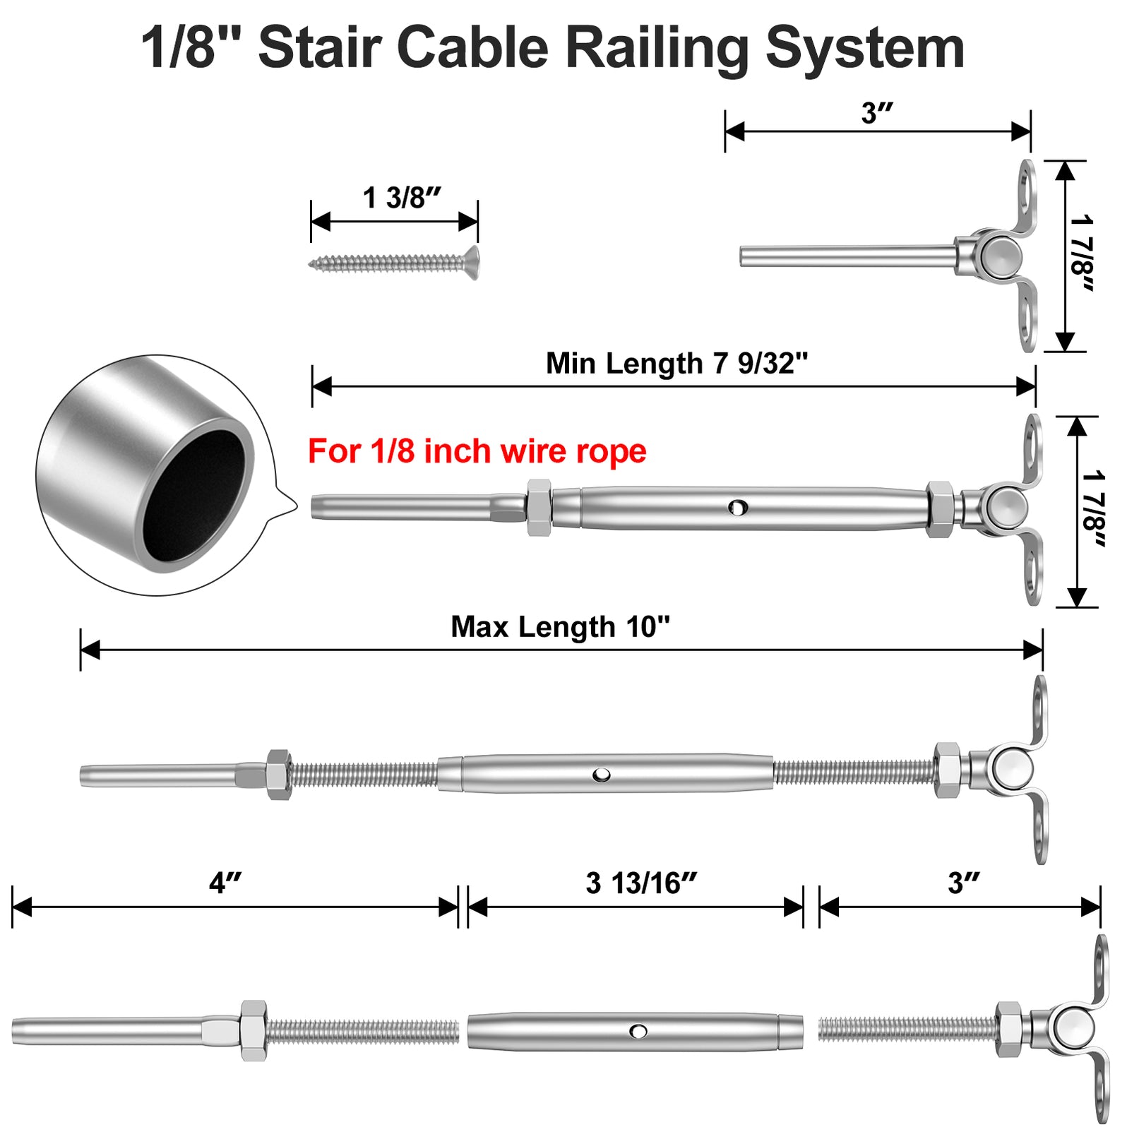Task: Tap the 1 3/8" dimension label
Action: tap(402, 198)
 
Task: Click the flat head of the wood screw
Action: tap(472, 263)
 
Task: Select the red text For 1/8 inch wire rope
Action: tap(477, 451)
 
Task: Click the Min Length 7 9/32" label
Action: tap(676, 364)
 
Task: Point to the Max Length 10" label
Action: tap(560, 627)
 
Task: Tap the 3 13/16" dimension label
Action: tap(641, 883)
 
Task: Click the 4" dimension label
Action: tap(225, 883)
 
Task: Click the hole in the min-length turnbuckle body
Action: tap(738, 506)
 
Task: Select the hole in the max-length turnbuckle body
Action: tap(602, 775)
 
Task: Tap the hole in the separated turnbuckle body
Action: tap(638, 1032)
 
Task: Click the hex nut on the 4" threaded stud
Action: tap(253, 1030)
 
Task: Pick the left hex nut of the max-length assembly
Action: tap(279, 775)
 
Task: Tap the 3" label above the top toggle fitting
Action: tap(877, 113)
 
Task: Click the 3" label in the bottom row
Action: tap(963, 883)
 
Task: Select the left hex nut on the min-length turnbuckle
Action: tap(539, 507)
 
